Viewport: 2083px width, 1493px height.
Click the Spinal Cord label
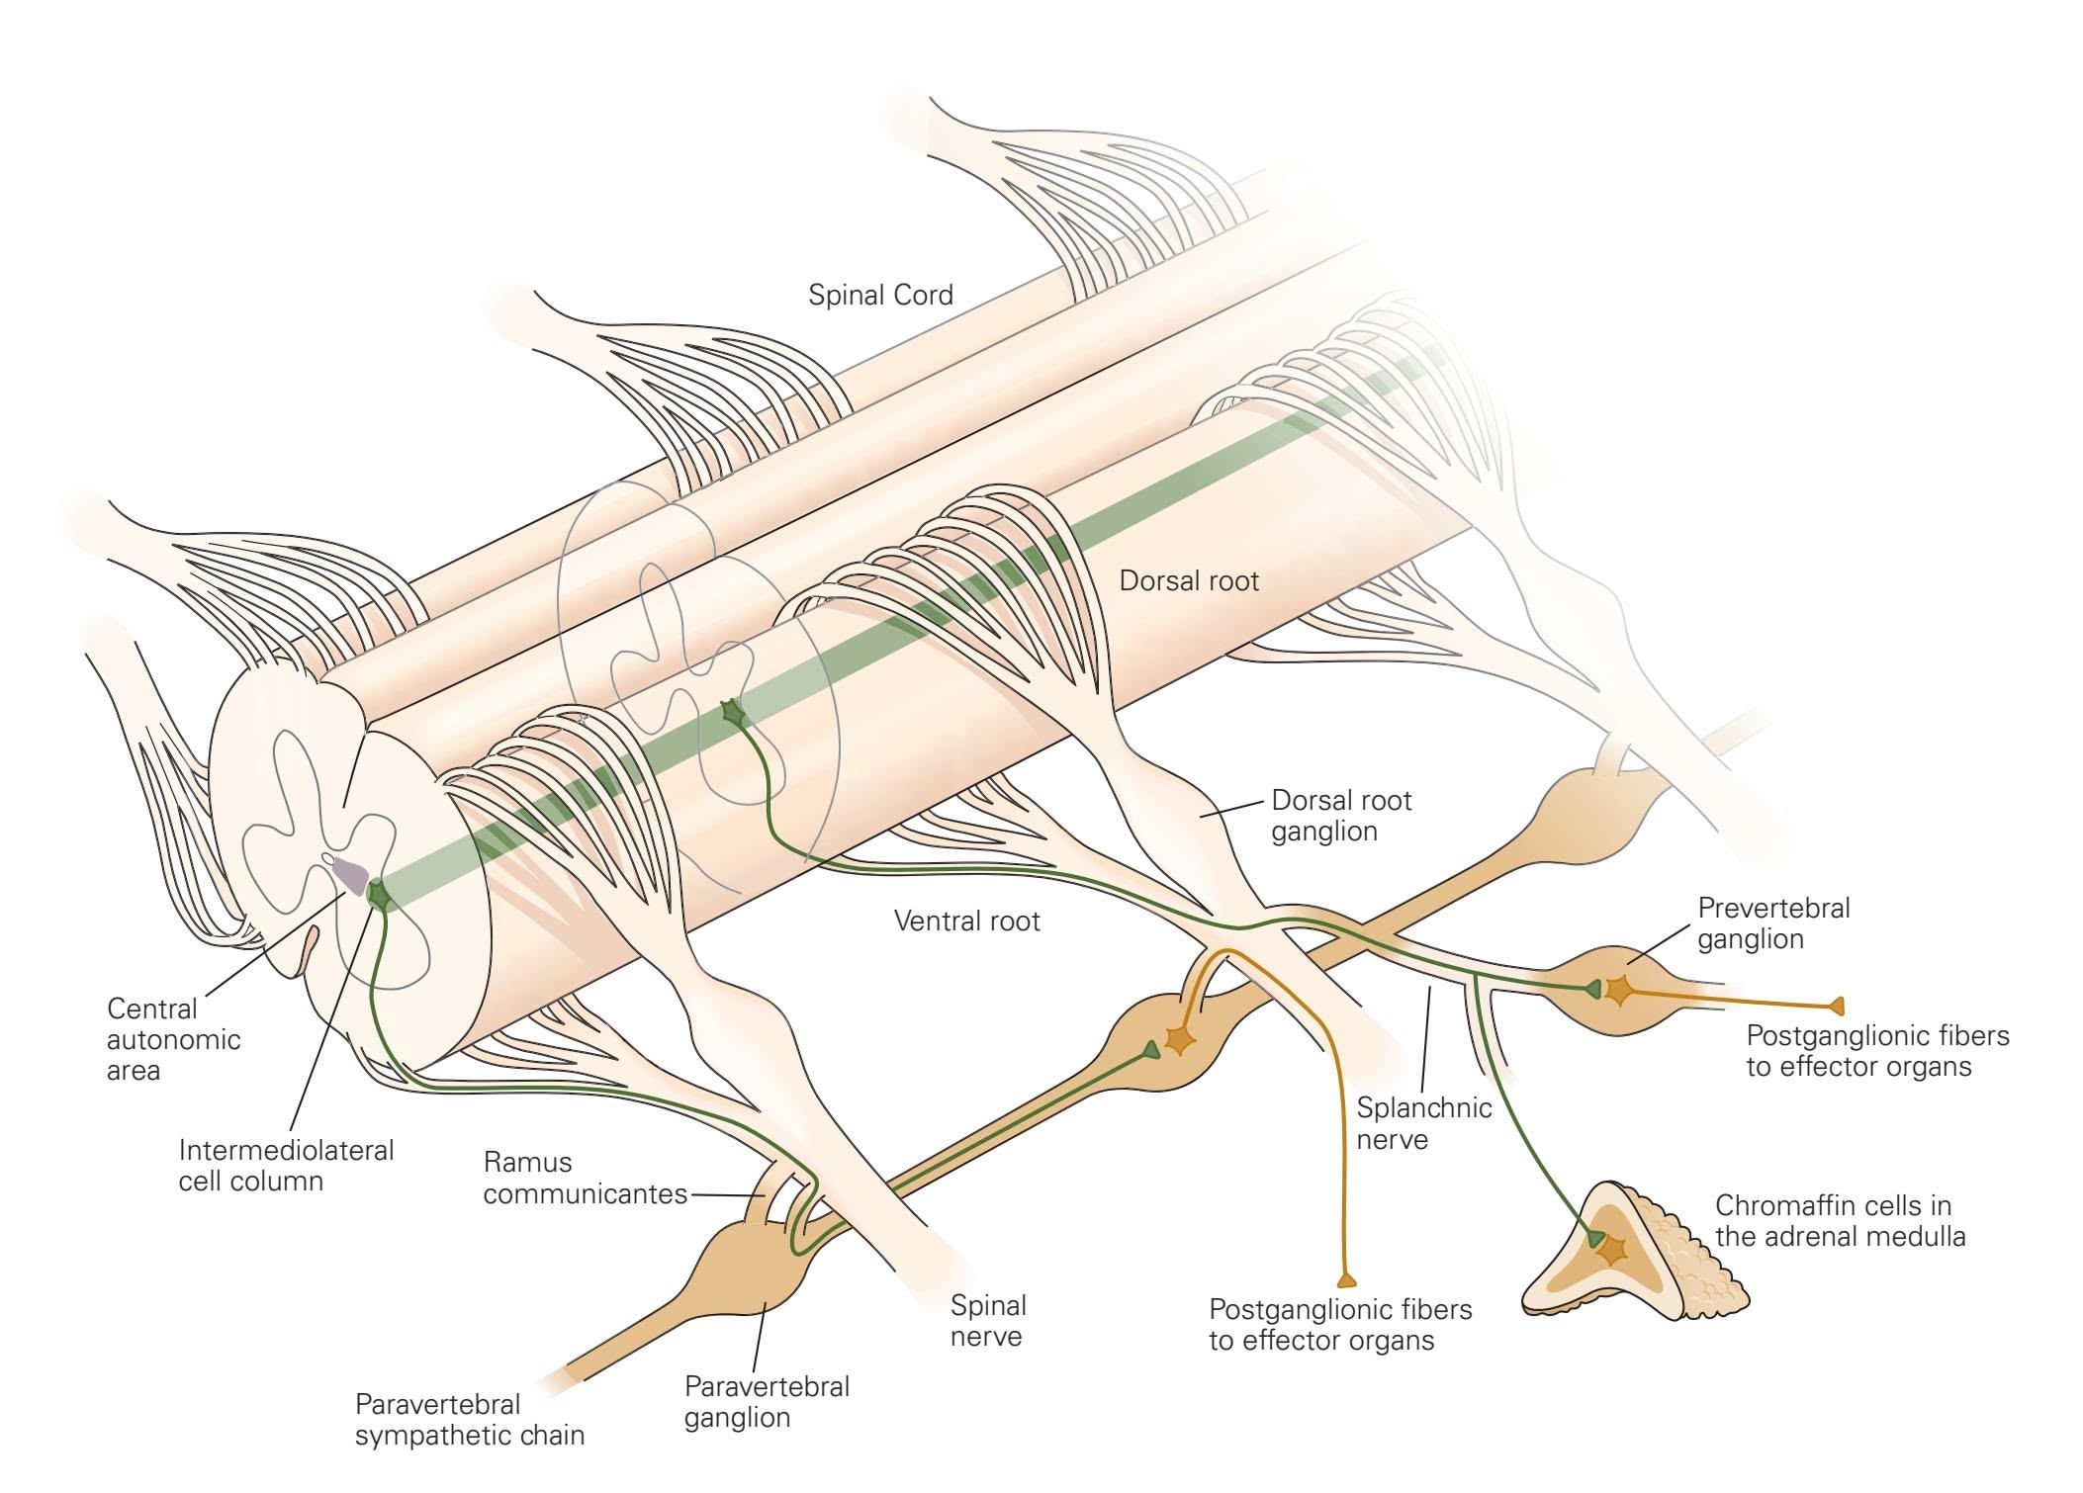coord(880,295)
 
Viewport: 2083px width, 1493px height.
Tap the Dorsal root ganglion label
coord(1340,815)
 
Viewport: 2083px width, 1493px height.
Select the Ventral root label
coord(966,921)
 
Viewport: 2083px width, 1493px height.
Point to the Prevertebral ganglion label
coord(1772,922)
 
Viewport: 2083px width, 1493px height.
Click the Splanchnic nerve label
coord(1422,1123)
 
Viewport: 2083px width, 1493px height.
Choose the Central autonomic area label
coord(173,1039)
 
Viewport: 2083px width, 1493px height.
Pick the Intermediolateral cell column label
coord(285,1165)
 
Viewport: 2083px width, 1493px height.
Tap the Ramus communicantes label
coord(584,1178)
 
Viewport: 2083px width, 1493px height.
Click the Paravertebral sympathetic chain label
coord(469,1419)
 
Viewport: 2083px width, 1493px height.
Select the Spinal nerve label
coord(987,1320)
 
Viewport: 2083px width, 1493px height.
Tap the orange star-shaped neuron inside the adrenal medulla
coord(1611,1249)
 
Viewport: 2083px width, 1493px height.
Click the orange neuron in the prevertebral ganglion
coord(1618,989)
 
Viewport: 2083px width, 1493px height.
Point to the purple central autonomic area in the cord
coord(349,874)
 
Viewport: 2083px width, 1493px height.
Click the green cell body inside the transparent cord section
coord(732,712)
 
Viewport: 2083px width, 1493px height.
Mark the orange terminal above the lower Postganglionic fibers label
coord(1346,1280)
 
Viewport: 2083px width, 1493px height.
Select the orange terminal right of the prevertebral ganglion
coord(1837,1007)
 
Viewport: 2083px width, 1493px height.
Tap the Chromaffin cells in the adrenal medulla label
coord(1840,1220)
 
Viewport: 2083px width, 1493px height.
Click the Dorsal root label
coord(1188,580)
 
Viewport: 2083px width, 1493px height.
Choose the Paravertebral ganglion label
coord(767,1401)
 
